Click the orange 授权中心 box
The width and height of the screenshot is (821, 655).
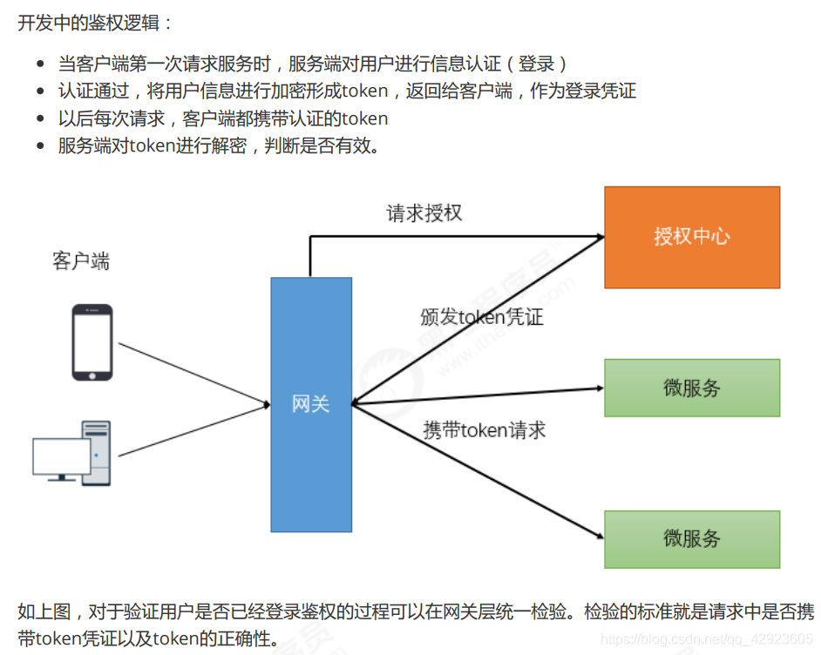[692, 237]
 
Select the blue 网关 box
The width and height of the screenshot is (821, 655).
[311, 404]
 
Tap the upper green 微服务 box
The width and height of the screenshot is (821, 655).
[692, 388]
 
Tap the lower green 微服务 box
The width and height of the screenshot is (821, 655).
[692, 539]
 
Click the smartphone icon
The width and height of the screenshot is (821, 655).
[92, 342]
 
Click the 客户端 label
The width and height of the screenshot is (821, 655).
[81, 261]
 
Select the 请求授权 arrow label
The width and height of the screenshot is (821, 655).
[424, 213]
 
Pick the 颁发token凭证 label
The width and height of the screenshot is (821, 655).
[481, 317]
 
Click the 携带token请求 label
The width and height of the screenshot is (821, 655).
[485, 429]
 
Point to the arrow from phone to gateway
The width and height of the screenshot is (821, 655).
[192, 374]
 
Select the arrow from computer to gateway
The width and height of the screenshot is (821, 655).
[192, 430]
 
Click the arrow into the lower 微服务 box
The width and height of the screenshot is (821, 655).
[479, 471]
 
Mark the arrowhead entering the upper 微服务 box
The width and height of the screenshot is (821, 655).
[598, 388]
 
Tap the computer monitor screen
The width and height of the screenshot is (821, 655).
[61, 456]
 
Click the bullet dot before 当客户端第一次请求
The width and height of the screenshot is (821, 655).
[40, 64]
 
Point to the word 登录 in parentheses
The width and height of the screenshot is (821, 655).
[537, 64]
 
